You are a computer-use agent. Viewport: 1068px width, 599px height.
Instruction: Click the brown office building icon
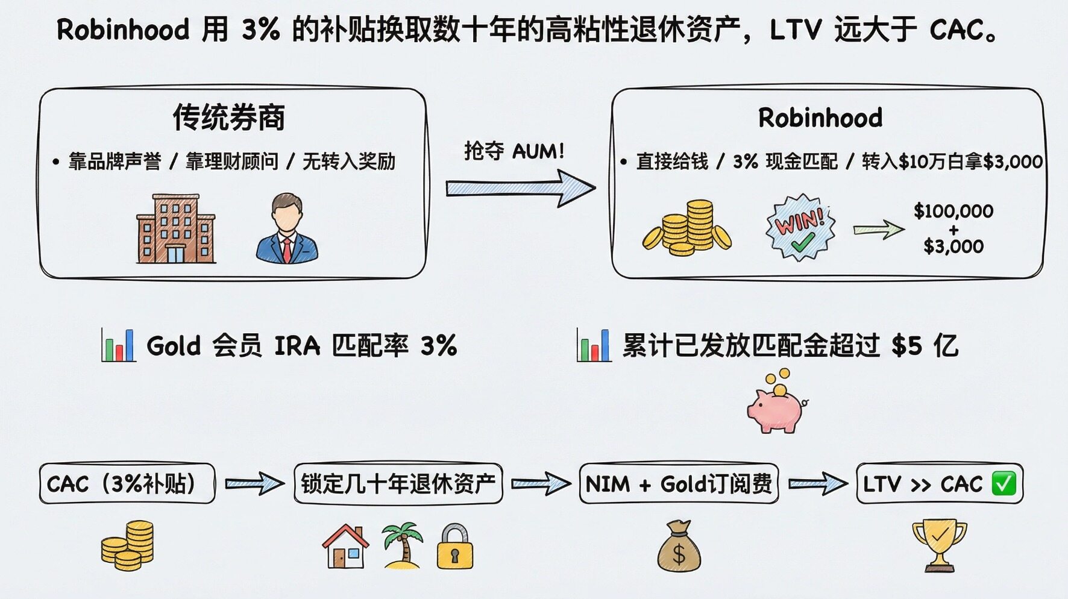[176, 229]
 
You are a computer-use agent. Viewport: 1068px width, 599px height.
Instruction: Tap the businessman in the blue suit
[287, 229]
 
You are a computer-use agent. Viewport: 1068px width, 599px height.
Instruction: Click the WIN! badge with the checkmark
[800, 228]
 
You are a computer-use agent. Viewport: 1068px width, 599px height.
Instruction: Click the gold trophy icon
[939, 545]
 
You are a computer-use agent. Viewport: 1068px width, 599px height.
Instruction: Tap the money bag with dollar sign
[679, 547]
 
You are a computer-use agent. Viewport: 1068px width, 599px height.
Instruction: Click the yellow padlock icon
[454, 547]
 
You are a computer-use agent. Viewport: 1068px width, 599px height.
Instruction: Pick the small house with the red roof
[345, 547]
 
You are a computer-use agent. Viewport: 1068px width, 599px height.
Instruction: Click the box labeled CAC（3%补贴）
[127, 483]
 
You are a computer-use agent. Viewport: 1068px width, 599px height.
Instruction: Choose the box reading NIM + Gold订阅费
[679, 483]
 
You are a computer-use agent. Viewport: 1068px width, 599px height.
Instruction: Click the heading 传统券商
[229, 117]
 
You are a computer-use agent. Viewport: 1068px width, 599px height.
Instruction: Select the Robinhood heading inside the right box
[820, 118]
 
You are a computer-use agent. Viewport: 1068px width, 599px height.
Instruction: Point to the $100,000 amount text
[953, 211]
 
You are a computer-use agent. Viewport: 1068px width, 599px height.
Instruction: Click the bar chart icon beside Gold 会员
[118, 345]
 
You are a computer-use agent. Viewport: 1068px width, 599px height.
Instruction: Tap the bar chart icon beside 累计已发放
[594, 345]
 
